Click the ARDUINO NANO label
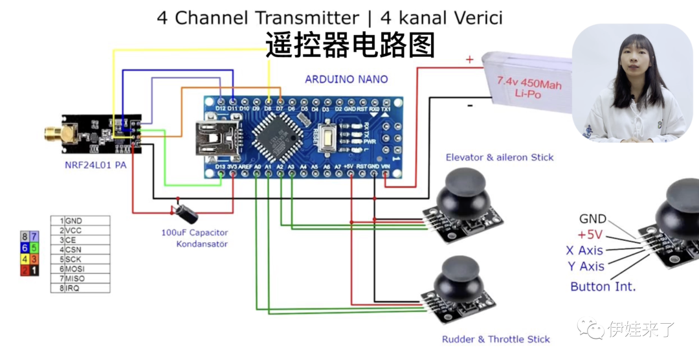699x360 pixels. pyautogui.click(x=346, y=79)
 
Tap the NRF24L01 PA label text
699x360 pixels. pyautogui.click(x=95, y=165)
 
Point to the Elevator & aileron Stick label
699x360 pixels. pyautogui.click(x=499, y=157)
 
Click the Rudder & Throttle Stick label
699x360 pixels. pyautogui.click(x=496, y=339)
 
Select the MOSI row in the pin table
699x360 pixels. pyautogui.click(x=81, y=269)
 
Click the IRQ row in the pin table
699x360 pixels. pyautogui.click(x=81, y=288)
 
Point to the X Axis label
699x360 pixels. pyautogui.click(x=584, y=251)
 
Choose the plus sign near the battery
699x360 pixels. pyautogui.click(x=469, y=60)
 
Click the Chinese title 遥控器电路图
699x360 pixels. pyautogui.click(x=349, y=45)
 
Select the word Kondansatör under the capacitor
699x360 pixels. pyautogui.click(x=202, y=244)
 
